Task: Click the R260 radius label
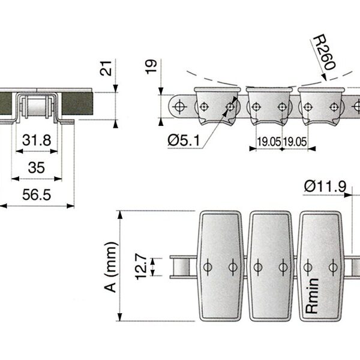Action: coord(324,52)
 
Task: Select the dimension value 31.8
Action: coord(37,140)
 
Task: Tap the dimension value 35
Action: coord(36,167)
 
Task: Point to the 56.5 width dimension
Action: coord(37,194)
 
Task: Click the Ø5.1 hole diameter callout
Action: coord(184,140)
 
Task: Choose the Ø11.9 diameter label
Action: coord(325,187)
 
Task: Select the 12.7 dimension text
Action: coord(141,266)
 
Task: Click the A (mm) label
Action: coord(112,267)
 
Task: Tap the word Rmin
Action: coord(312,296)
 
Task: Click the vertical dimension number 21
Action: coord(106,68)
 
